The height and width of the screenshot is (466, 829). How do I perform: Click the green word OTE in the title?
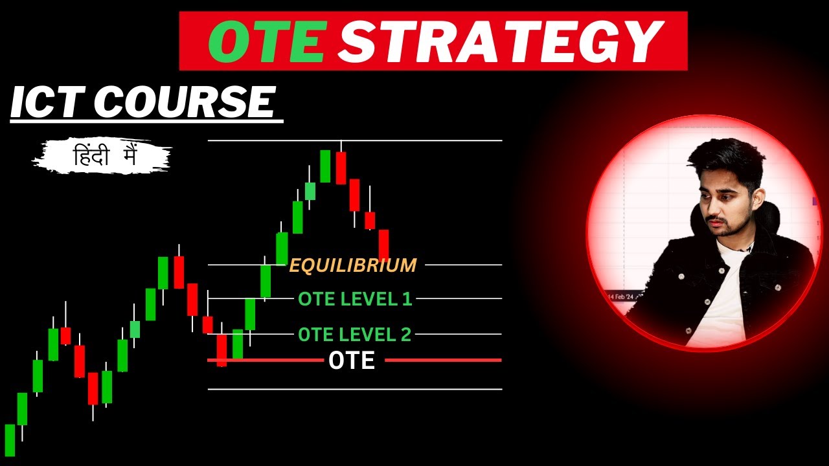[x=266, y=41]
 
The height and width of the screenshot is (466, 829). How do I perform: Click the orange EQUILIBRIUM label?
[x=353, y=265]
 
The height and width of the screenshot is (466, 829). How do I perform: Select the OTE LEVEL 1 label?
[x=354, y=299]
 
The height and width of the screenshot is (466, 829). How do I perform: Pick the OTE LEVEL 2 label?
[x=354, y=335]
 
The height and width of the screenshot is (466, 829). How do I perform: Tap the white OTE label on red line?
[x=352, y=361]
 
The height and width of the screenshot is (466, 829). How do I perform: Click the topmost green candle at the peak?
[x=325, y=166]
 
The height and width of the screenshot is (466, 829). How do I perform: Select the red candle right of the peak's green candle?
[x=341, y=168]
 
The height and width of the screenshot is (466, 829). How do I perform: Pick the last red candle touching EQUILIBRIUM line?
[x=383, y=245]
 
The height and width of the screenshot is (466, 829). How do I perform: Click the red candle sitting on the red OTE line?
[x=221, y=349]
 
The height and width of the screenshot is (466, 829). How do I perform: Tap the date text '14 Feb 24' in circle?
[x=623, y=296]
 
